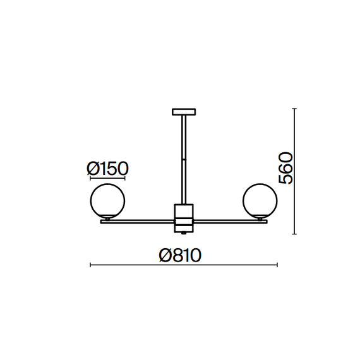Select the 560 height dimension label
pyautogui.click(x=286, y=168)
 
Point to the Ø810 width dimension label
pyautogui.click(x=180, y=255)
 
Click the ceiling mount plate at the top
pyautogui.click(x=184, y=112)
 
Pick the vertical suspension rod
pyautogui.click(x=184, y=158)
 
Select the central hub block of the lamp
pyautogui.click(x=184, y=215)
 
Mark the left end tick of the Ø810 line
pyautogui.click(x=92, y=265)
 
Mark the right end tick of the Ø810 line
pyautogui.click(x=276, y=265)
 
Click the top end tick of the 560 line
pyautogui.click(x=294, y=109)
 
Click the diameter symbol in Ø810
pyautogui.click(x=166, y=255)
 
